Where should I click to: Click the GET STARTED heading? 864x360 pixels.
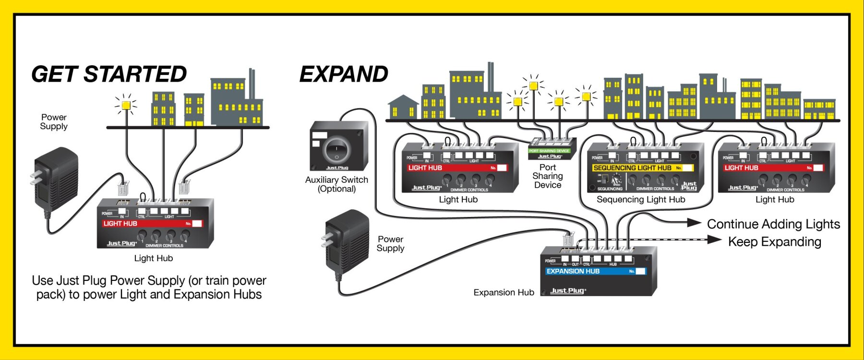109,74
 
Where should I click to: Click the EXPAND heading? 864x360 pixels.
344,74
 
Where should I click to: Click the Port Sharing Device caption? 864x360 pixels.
548,176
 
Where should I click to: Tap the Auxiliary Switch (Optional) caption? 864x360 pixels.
336,184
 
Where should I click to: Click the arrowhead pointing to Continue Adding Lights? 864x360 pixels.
694,223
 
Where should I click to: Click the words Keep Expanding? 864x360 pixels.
774,242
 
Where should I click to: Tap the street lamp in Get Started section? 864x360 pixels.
126,105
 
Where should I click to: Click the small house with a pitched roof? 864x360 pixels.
403,107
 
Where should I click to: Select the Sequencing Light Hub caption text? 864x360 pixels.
641,200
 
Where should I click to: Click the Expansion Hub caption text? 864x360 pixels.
504,292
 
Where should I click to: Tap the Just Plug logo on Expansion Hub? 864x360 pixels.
568,290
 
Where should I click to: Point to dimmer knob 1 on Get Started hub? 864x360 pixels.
142,235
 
